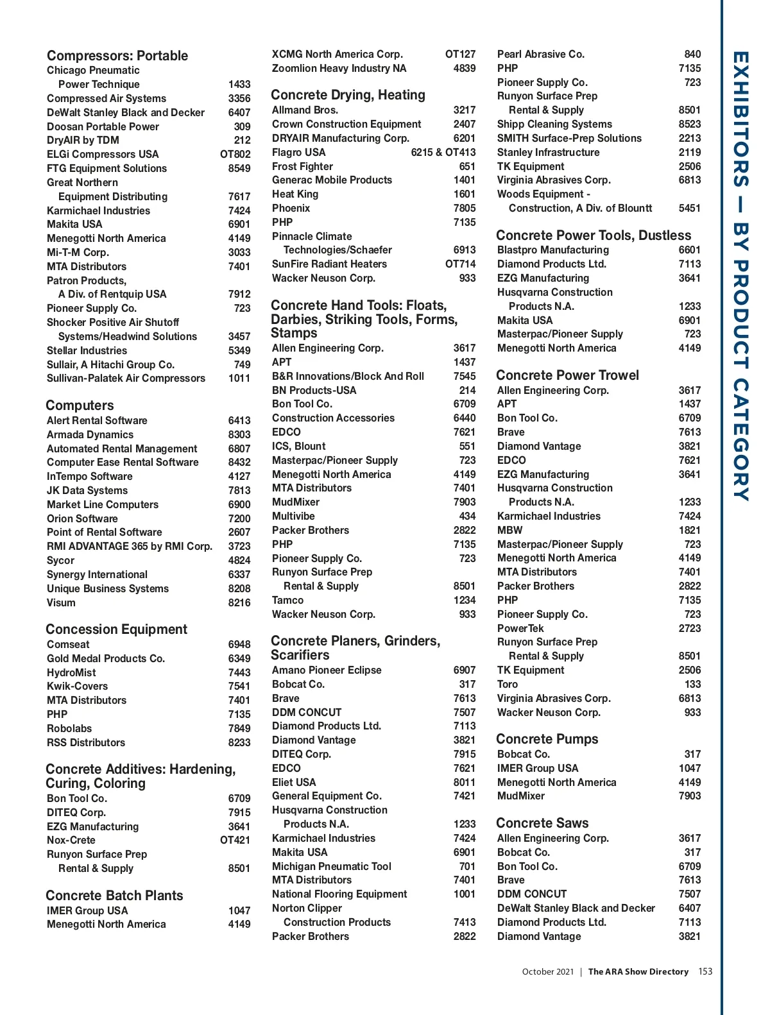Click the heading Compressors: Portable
tap(117, 56)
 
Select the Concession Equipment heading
tap(116, 629)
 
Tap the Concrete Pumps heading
tap(547, 739)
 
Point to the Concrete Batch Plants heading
tap(114, 896)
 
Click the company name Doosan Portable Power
tap(103, 126)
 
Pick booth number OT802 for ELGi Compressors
tap(235, 155)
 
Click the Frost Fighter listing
tap(302, 166)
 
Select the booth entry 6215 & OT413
tap(443, 153)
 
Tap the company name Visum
tap(61, 602)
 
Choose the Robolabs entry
tap(69, 728)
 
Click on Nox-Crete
tap(71, 840)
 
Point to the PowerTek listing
tap(520, 628)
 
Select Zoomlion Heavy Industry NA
tap(339, 69)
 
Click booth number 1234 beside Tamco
tap(465, 601)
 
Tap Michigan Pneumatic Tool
tap(331, 866)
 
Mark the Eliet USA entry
tap(294, 782)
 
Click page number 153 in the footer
tap(705, 971)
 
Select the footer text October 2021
tap(547, 971)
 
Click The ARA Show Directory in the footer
tap(638, 971)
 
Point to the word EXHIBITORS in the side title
tap(740, 119)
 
